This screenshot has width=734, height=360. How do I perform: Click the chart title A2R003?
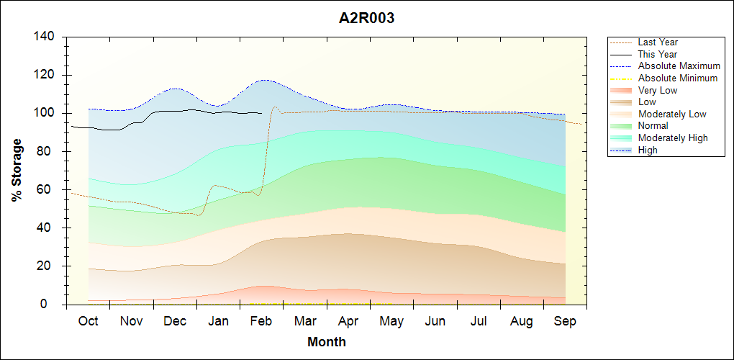tap(366, 19)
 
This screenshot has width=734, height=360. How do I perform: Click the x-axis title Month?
tap(327, 342)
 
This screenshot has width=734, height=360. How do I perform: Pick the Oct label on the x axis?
tap(88, 321)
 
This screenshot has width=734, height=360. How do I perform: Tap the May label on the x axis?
tap(391, 321)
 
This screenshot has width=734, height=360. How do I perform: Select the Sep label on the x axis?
tap(565, 321)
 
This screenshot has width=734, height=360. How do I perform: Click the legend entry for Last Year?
tap(657, 42)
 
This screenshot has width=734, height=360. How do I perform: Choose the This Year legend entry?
tap(657, 54)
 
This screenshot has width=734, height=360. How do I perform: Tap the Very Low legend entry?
tap(658, 90)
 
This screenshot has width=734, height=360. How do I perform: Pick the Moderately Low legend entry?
tap(672, 114)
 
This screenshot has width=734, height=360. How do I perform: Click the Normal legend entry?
tap(653, 126)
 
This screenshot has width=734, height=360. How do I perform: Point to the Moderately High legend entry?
tap(673, 138)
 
